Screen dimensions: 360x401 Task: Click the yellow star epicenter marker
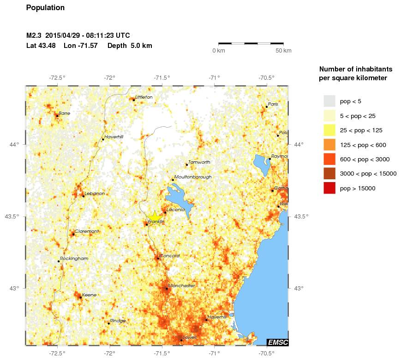pyautogui.click(x=155, y=217)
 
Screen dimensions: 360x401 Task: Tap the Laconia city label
pyautogui.click(x=175, y=210)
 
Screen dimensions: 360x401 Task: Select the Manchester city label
pyautogui.click(x=181, y=286)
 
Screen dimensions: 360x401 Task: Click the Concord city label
pyautogui.click(x=169, y=256)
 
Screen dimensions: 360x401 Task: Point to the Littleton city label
pyautogui.click(x=144, y=97)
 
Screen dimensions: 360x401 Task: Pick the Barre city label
pyautogui.click(x=64, y=113)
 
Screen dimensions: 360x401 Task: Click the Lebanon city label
pyautogui.click(x=95, y=194)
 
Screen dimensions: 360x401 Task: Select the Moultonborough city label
pyautogui.click(x=193, y=177)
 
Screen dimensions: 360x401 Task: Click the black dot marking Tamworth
pyautogui.click(x=187, y=165)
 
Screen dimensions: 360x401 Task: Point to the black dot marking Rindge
pyautogui.click(x=109, y=323)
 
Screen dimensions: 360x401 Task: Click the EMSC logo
pyautogui.click(x=277, y=342)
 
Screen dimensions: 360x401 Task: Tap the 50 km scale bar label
pyautogui.click(x=283, y=50)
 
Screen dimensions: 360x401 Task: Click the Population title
pyautogui.click(x=45, y=8)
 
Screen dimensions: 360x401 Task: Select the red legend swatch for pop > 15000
pyautogui.click(x=329, y=188)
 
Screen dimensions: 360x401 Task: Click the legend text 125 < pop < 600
pyautogui.click(x=363, y=145)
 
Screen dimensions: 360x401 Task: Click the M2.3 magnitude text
pyautogui.click(x=35, y=35)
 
